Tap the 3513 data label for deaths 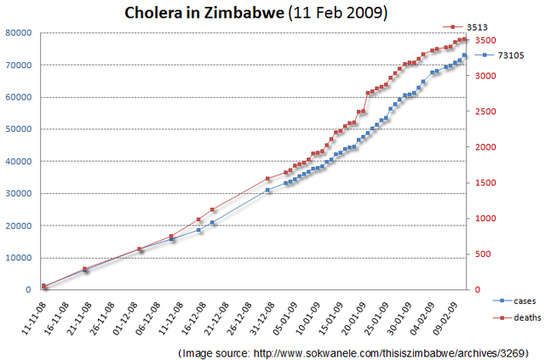(x=502, y=27)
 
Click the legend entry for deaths (x=516, y=317)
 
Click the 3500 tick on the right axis (x=485, y=40)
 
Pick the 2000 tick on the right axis (x=485, y=147)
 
